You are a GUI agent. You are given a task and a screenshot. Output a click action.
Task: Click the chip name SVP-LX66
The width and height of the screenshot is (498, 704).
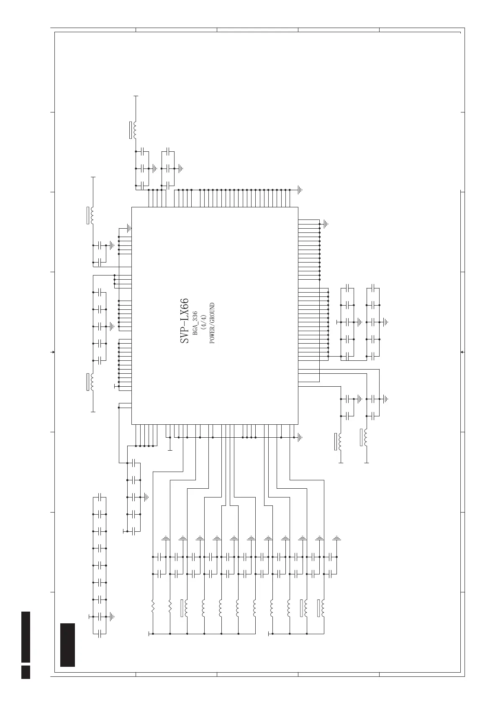click(x=185, y=321)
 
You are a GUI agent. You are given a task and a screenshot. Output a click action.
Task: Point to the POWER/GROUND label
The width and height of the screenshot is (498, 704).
click(x=212, y=323)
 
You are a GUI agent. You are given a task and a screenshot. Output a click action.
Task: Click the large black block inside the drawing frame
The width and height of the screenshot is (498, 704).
click(x=67, y=645)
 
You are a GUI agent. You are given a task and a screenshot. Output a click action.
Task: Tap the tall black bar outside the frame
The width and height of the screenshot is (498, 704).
click(x=26, y=637)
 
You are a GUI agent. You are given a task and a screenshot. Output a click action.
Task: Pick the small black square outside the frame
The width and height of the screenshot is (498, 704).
click(x=26, y=672)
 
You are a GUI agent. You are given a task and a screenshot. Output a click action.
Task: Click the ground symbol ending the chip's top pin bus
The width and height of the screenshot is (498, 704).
click(x=300, y=189)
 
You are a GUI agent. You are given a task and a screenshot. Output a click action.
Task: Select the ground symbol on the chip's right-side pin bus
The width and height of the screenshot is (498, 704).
click(x=326, y=224)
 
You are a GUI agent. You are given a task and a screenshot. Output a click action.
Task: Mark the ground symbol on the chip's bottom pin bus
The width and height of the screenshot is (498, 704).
click(x=300, y=438)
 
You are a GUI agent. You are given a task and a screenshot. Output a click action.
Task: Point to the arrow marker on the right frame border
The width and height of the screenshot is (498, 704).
click(x=462, y=352)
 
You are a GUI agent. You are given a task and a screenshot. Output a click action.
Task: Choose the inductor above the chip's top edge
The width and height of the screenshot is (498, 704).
click(x=135, y=130)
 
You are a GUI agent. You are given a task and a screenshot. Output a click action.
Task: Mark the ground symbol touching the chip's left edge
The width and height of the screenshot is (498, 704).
click(x=129, y=228)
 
